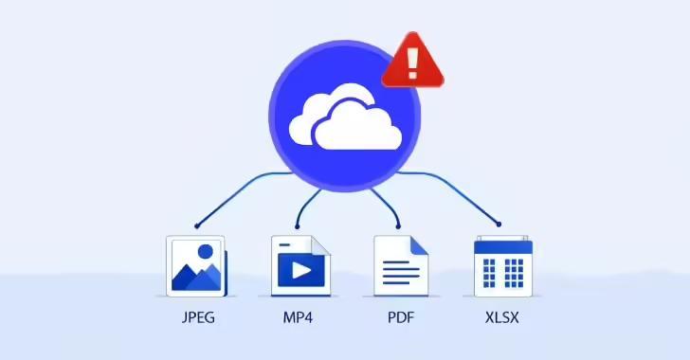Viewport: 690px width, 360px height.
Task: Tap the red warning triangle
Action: (412, 62)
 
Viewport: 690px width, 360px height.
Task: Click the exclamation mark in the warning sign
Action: (412, 60)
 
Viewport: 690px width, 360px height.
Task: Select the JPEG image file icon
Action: (196, 265)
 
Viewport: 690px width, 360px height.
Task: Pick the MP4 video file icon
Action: (300, 265)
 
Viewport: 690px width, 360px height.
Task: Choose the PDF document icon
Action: (400, 265)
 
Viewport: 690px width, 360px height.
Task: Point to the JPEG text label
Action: (196, 316)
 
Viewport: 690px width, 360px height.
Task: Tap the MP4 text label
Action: (297, 316)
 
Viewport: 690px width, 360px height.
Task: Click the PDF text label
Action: (399, 316)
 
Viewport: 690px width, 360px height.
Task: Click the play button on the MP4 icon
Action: (300, 270)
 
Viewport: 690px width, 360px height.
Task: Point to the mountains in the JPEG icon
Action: (196, 277)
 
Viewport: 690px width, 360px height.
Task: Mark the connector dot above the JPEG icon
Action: (196, 225)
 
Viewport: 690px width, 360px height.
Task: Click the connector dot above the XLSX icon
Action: (499, 225)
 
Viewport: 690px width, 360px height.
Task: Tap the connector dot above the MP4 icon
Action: (298, 225)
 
